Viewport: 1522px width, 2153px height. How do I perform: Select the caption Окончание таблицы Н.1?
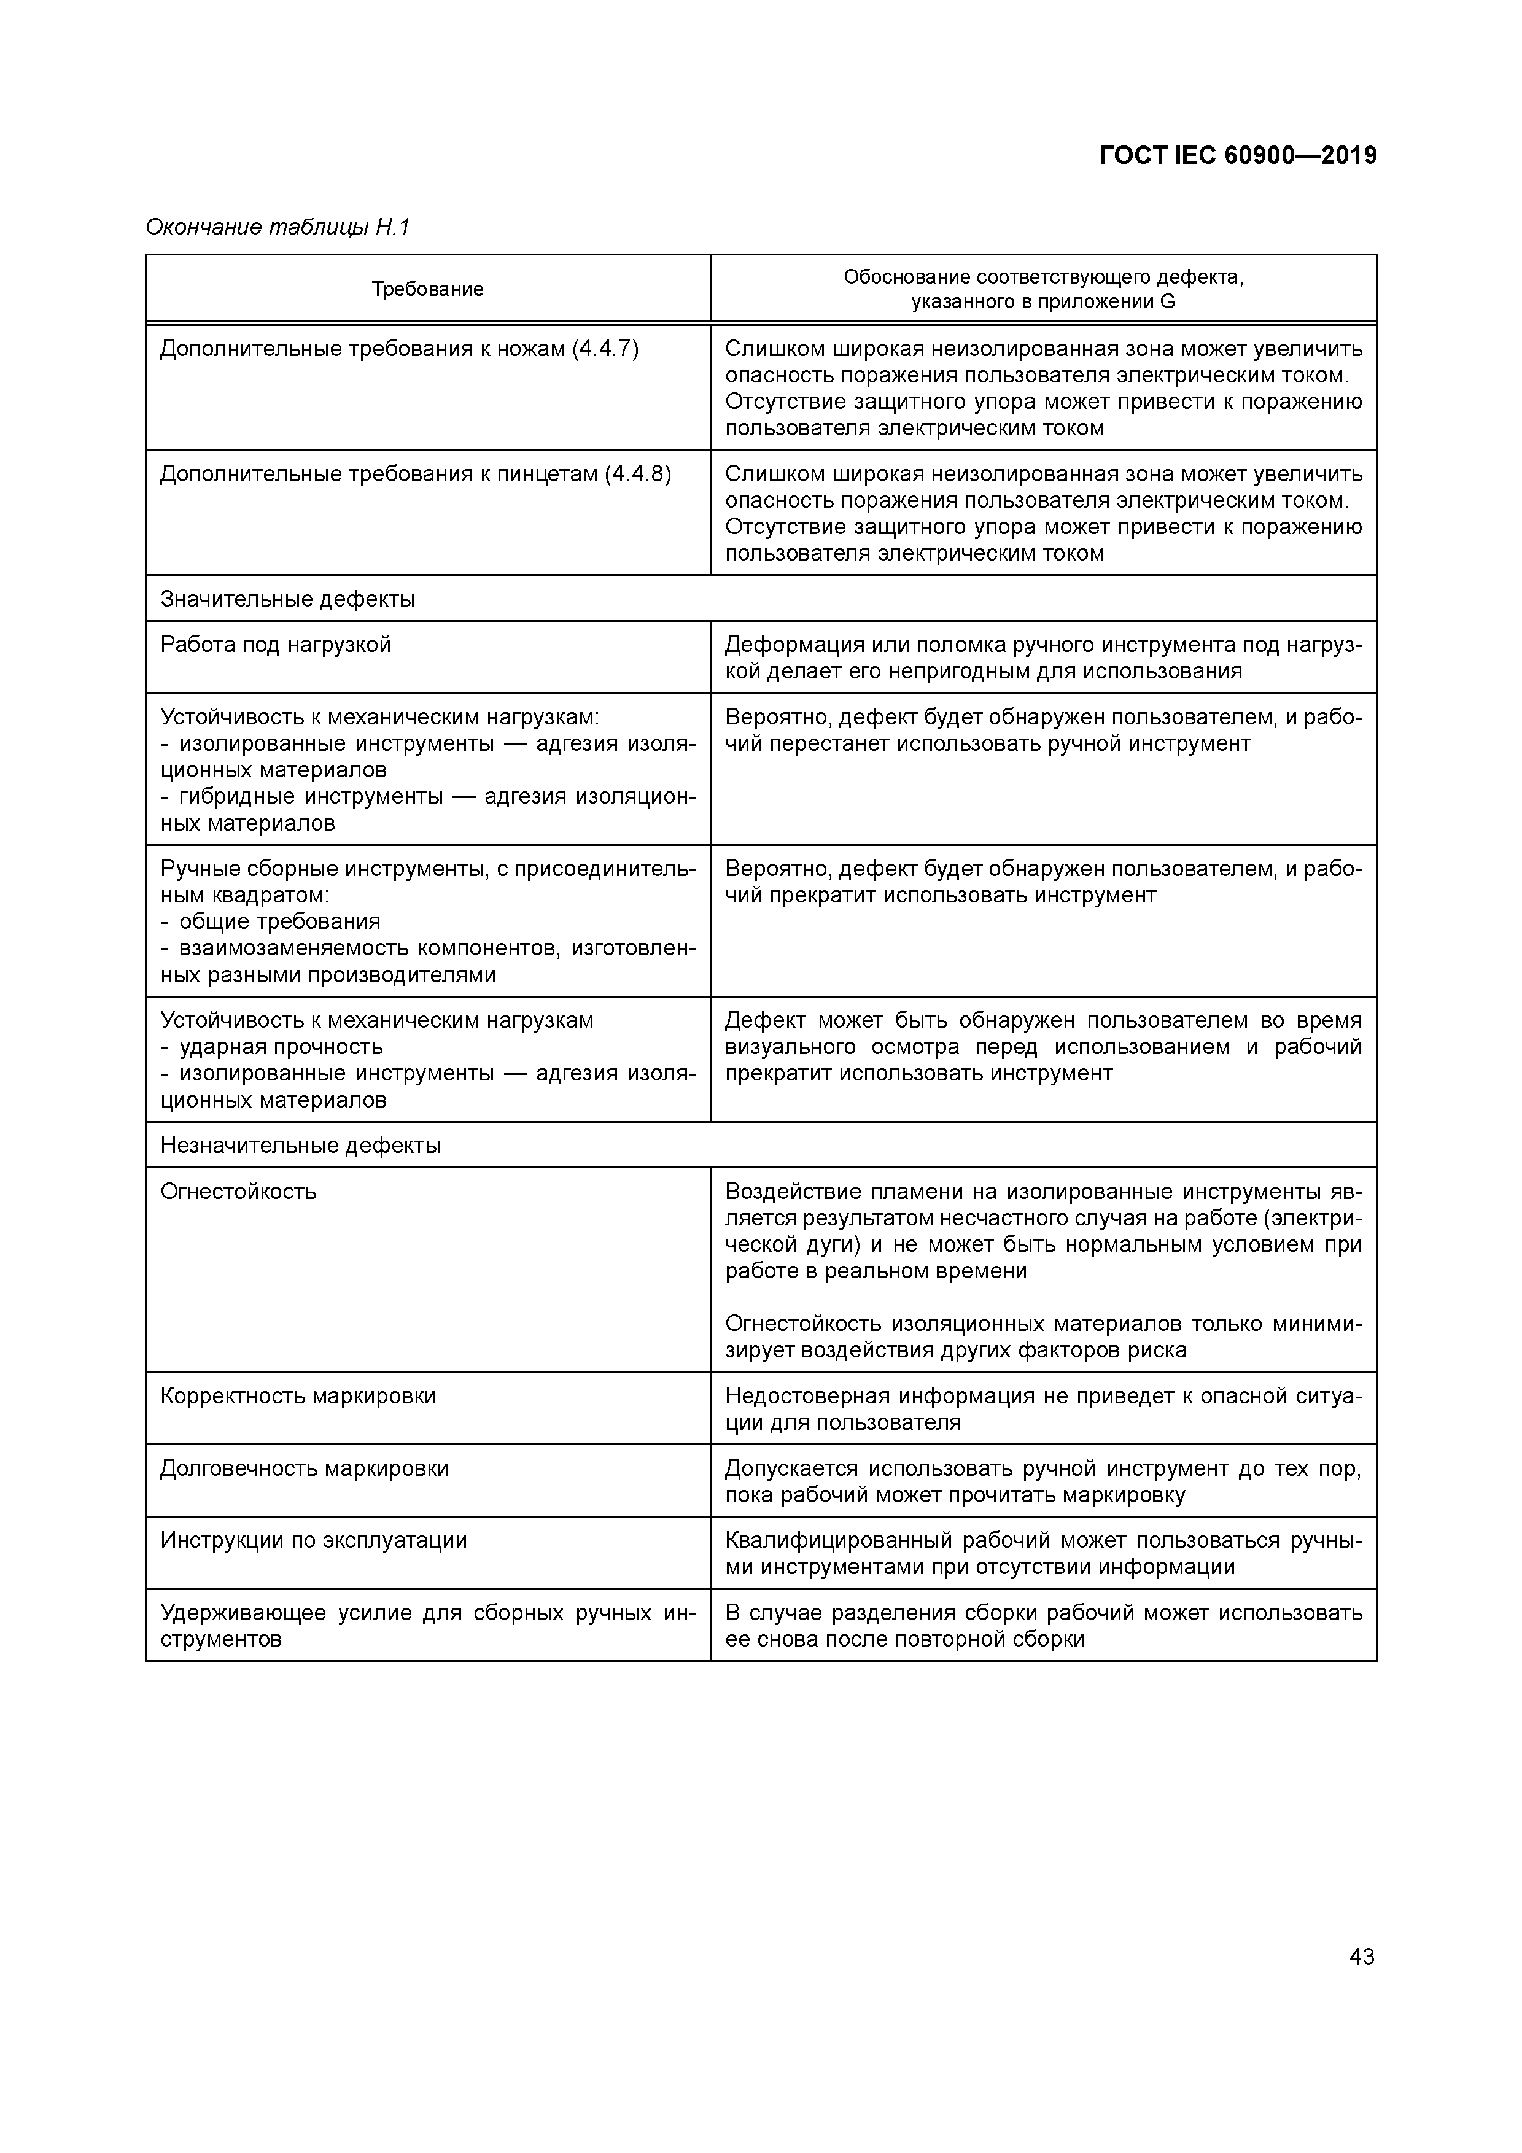pyautogui.click(x=278, y=227)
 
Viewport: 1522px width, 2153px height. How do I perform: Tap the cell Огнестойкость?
pyautogui.click(x=238, y=1191)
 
